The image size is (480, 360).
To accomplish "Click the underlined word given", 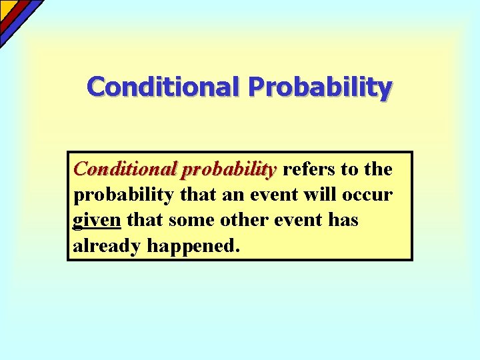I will click(x=97, y=221).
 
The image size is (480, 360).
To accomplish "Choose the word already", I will click(x=107, y=246).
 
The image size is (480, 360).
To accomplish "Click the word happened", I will click(x=192, y=246).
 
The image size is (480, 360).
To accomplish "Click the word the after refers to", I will click(x=377, y=169).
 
